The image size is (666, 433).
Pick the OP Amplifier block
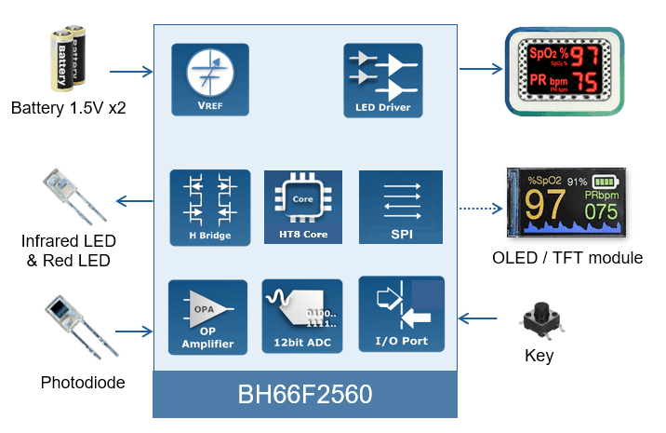(207, 318)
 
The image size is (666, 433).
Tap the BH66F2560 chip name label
(304, 395)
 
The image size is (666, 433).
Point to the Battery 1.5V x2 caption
(68, 108)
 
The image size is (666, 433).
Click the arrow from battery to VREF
(131, 71)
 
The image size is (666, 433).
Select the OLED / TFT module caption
(567, 257)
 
